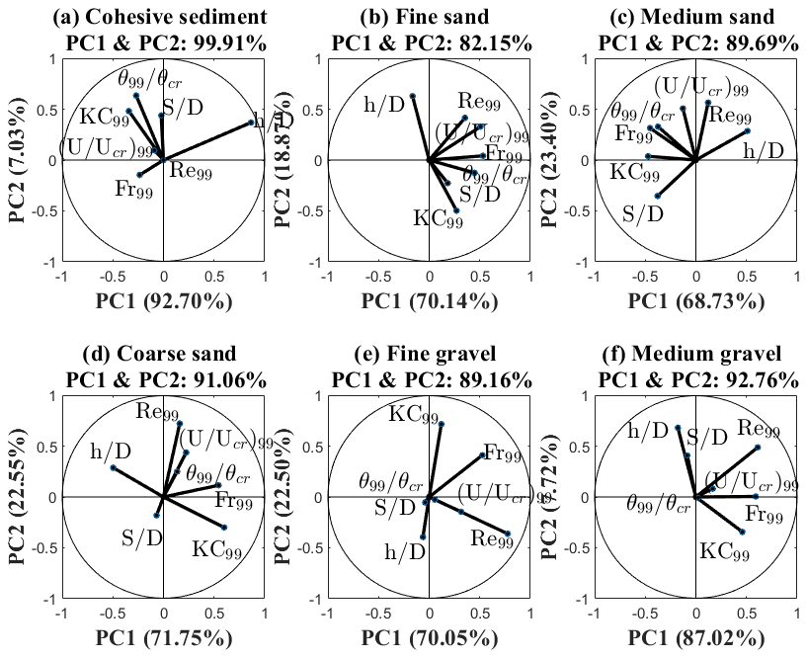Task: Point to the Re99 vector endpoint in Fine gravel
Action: [508, 534]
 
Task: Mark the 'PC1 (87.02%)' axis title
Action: [695, 634]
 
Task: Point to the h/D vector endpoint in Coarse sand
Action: [114, 467]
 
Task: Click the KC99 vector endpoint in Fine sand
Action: [455, 210]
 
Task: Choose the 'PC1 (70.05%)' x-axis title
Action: [429, 634]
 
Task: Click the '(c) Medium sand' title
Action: [695, 17]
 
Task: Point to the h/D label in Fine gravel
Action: [404, 549]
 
